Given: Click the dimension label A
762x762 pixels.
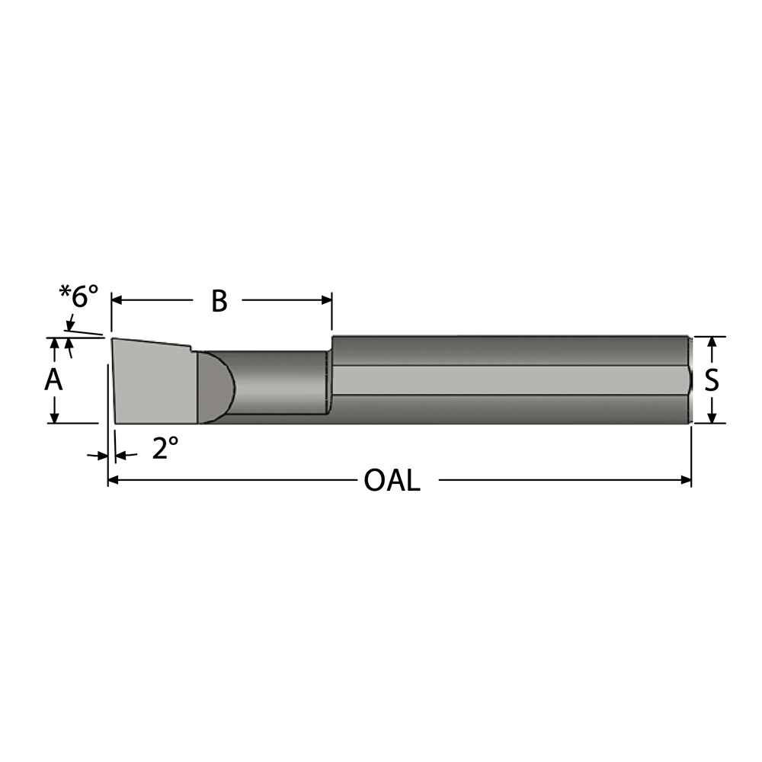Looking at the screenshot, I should pyautogui.click(x=53, y=379).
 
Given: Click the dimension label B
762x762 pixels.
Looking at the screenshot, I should pyautogui.click(x=219, y=301).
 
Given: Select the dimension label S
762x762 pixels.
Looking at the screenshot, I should pyautogui.click(x=711, y=379).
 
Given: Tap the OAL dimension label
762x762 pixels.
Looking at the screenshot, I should pyautogui.click(x=392, y=481).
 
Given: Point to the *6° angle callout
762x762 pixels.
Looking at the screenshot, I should pyautogui.click(x=79, y=296).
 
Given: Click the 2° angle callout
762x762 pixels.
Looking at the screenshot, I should pyautogui.click(x=165, y=449).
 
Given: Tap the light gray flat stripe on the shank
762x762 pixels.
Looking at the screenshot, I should pyautogui.click(x=511, y=379).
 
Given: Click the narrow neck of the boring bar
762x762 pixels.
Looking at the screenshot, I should pyautogui.click(x=278, y=381).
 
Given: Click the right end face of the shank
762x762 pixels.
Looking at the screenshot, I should pyautogui.click(x=690, y=379).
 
